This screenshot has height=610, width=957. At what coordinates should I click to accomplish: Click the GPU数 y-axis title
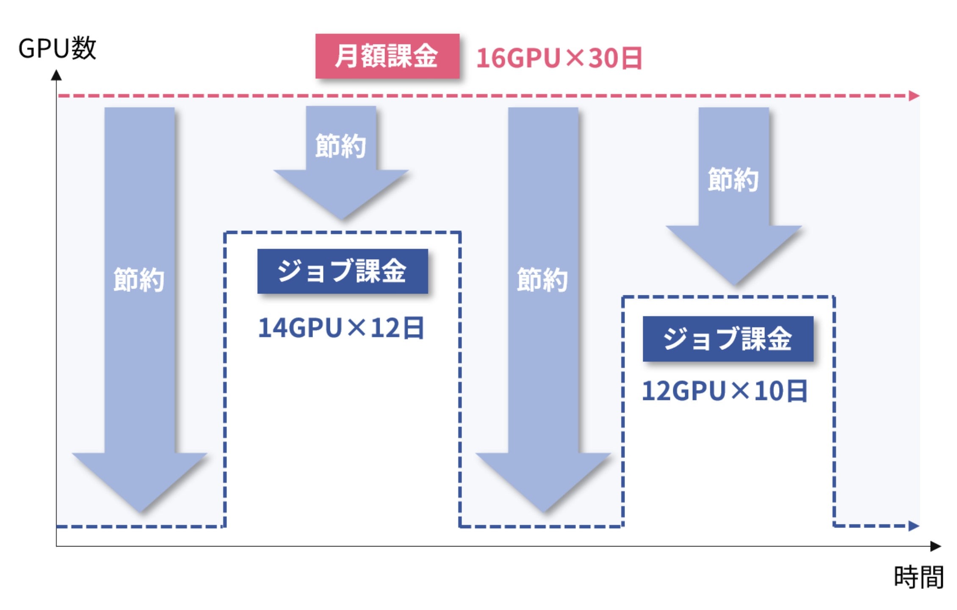tap(57, 48)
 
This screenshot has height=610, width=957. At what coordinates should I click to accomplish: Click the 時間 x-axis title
tap(918, 577)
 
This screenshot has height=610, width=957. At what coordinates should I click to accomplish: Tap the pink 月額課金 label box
tap(387, 56)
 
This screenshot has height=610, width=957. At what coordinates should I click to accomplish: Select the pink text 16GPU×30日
tap(559, 58)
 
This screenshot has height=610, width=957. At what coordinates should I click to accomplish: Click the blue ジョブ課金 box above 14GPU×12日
tap(342, 271)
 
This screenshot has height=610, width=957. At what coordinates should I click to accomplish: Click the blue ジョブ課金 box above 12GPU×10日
tap(727, 338)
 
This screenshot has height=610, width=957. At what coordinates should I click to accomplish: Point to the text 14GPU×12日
tap(341, 328)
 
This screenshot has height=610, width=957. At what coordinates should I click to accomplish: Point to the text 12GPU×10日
tap(725, 391)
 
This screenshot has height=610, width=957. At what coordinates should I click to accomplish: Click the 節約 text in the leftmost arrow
tap(139, 280)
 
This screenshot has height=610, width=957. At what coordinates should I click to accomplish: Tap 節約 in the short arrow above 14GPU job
tap(340, 146)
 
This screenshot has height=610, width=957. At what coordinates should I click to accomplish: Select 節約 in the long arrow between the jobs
tap(542, 280)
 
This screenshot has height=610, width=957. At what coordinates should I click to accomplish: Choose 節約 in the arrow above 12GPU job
tap(733, 179)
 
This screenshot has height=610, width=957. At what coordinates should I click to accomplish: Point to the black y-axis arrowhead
tap(56, 75)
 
